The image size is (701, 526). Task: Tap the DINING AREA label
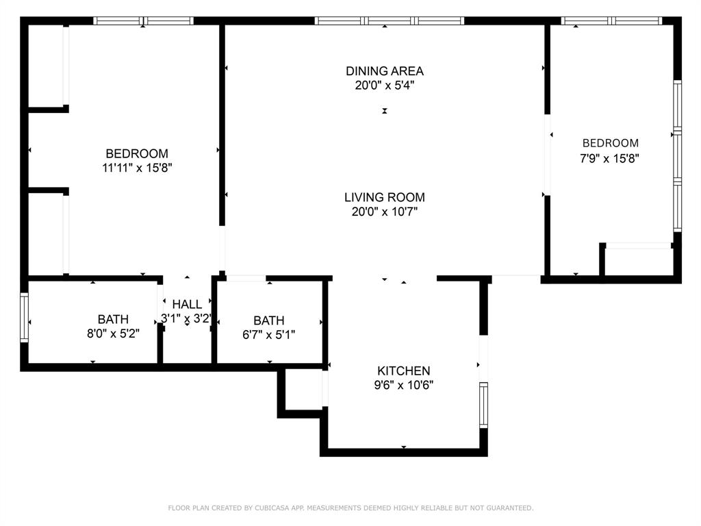click(x=384, y=71)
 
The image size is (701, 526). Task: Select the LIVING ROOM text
click(x=384, y=197)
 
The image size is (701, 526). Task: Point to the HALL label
click(x=187, y=304)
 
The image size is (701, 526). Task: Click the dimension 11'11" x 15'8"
click(x=137, y=168)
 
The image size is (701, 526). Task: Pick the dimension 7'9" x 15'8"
click(x=610, y=158)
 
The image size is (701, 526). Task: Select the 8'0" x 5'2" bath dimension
click(x=113, y=334)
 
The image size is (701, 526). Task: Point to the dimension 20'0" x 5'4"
click(x=384, y=86)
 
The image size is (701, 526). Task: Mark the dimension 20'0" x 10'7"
click(x=384, y=212)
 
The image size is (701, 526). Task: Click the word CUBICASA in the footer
click(x=271, y=508)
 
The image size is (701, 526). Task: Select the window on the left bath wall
click(x=25, y=317)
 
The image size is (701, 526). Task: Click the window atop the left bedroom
click(x=143, y=21)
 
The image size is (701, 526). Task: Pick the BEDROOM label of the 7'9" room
click(x=610, y=143)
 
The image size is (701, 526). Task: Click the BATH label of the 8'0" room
click(x=113, y=319)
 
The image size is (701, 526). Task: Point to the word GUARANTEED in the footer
click(x=507, y=508)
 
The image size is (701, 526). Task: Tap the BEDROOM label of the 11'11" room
click(x=137, y=153)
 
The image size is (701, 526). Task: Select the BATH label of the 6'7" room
click(x=268, y=320)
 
